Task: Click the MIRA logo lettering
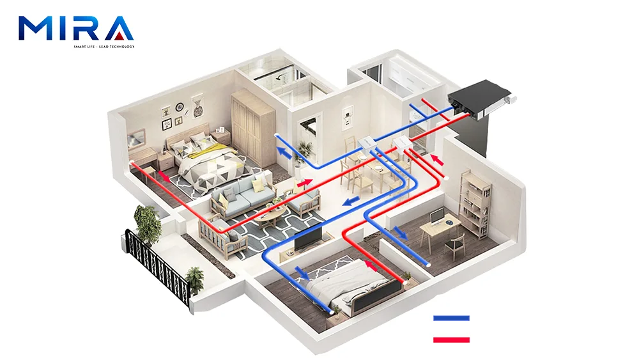click(x=76, y=28)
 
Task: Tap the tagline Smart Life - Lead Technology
click(x=104, y=47)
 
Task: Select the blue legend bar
click(x=451, y=318)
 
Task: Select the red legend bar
click(x=451, y=339)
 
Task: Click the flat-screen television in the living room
click(x=308, y=236)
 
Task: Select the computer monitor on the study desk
click(x=437, y=215)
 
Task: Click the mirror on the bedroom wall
click(x=137, y=139)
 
